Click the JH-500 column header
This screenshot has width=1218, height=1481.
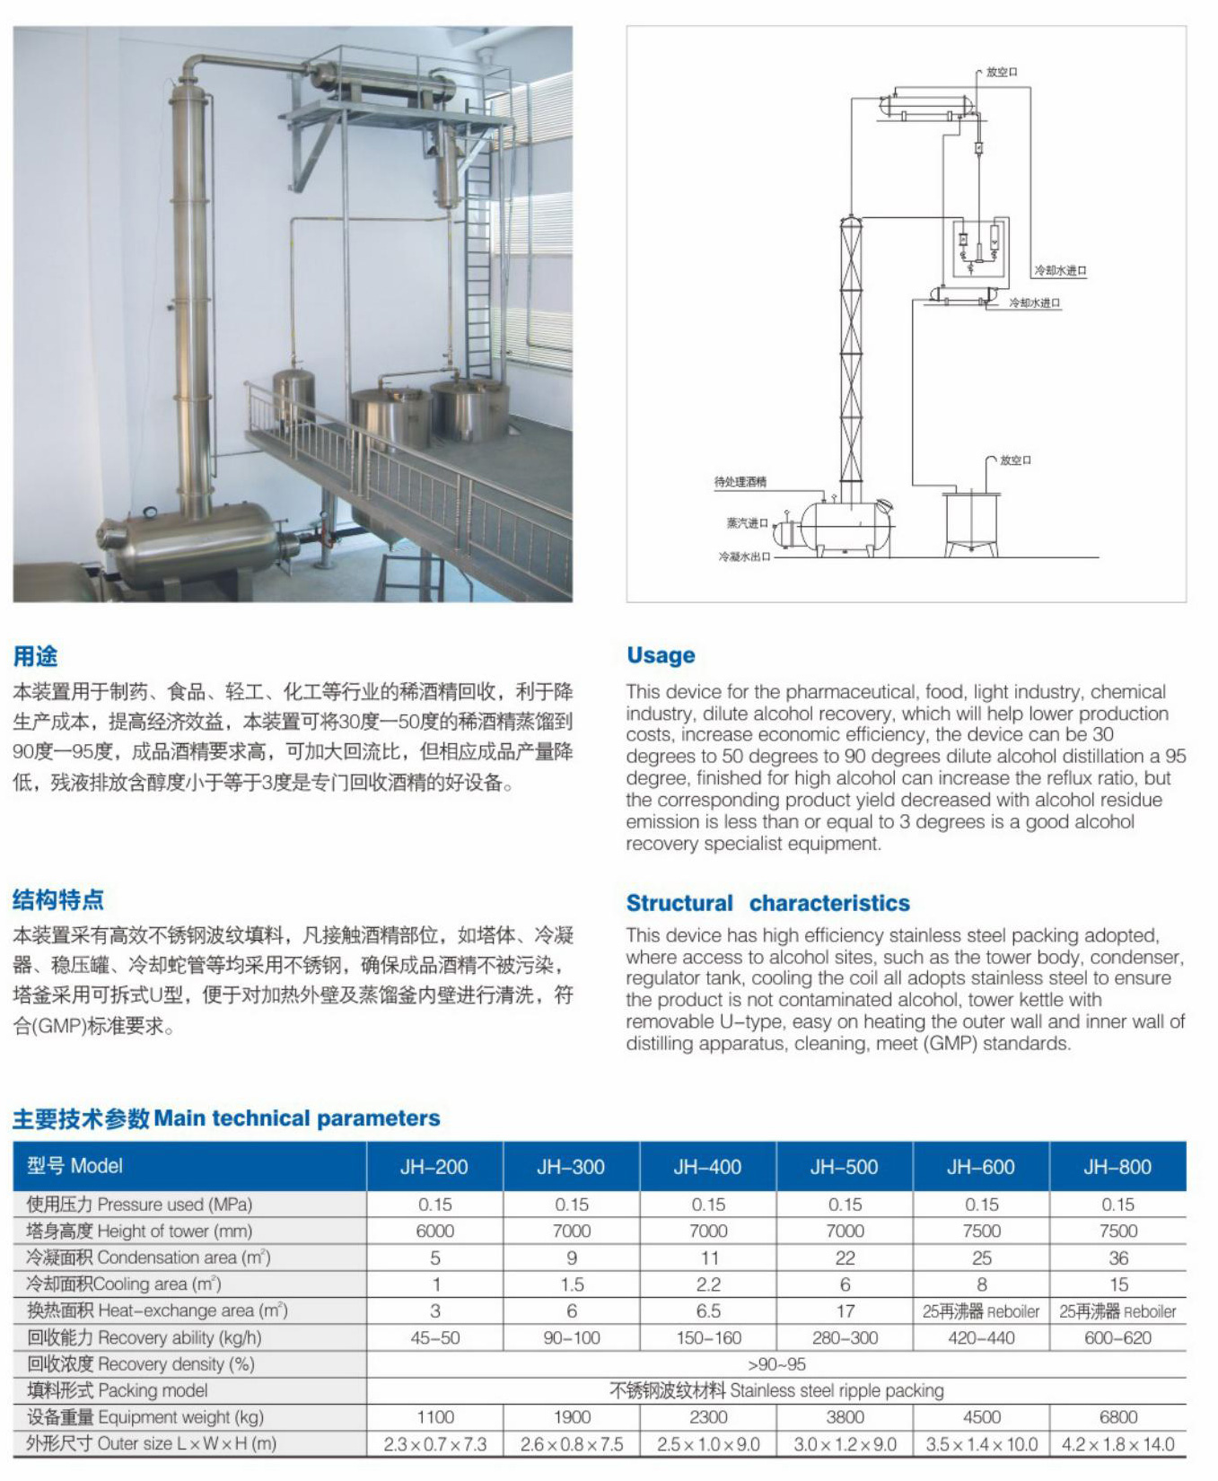pos(844,1167)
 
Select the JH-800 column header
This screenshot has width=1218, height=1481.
pos(1117,1167)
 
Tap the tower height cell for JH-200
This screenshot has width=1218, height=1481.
pos(435,1231)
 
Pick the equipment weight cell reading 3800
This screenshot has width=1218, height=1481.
pos(845,1416)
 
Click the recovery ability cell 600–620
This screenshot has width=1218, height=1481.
pos(1117,1337)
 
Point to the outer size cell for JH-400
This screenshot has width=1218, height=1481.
pos(708,1444)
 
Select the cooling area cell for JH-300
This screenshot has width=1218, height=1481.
pos(572,1284)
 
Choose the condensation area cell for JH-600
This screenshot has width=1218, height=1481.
pos(981,1258)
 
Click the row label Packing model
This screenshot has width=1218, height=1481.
pos(118,1390)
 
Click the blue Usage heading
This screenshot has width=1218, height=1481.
pos(661,655)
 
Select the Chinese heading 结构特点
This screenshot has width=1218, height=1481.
pos(58,899)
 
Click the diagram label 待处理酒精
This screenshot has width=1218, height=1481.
pos(740,482)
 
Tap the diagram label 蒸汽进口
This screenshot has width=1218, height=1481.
pos(747,523)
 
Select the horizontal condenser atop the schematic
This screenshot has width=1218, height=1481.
pos(924,105)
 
